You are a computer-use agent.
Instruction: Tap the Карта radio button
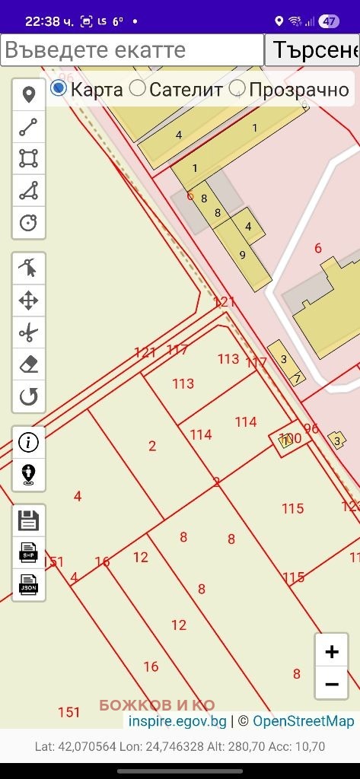[59, 89]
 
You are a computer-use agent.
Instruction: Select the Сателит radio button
[138, 89]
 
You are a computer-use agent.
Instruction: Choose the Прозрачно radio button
[237, 89]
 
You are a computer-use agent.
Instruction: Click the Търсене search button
[312, 50]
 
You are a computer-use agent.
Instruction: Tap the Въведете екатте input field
[132, 50]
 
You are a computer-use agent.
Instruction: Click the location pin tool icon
[29, 95]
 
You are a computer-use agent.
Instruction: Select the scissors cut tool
[29, 332]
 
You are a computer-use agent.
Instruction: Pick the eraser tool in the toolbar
[29, 364]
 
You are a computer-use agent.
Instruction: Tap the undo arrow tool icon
[29, 396]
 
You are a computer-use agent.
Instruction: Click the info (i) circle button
[29, 443]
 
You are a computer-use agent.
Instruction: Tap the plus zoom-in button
[332, 652]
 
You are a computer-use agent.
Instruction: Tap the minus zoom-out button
[332, 684]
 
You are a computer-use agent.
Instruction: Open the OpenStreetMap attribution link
[304, 721]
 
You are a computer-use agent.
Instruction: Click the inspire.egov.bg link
[177, 721]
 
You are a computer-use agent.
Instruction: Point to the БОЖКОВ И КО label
[157, 705]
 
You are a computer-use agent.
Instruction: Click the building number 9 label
[243, 255]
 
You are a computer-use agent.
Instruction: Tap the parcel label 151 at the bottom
[68, 712]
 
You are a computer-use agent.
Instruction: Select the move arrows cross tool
[29, 300]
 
